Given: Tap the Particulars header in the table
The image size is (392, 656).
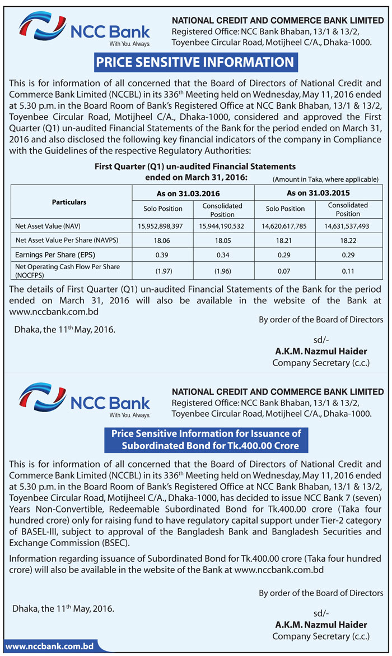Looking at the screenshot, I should click(x=69, y=201).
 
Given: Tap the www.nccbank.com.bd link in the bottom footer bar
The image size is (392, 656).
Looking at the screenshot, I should click(x=49, y=646).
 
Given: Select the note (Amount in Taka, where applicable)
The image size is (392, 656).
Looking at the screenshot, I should click(x=325, y=179).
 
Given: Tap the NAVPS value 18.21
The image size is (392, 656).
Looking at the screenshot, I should click(x=285, y=240).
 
